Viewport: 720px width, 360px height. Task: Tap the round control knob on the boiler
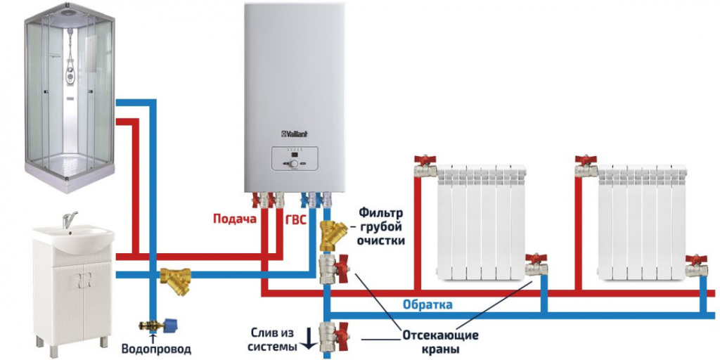pos(292,163)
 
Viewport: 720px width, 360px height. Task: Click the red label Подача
pos(234,219)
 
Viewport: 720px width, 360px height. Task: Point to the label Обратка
pos(427,304)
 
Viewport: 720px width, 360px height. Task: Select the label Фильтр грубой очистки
pos(382,226)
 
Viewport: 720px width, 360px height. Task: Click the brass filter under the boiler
pos(328,235)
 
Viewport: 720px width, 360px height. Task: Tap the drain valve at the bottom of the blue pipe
pos(329,335)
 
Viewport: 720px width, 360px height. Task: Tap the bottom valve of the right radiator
pos(697,266)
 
